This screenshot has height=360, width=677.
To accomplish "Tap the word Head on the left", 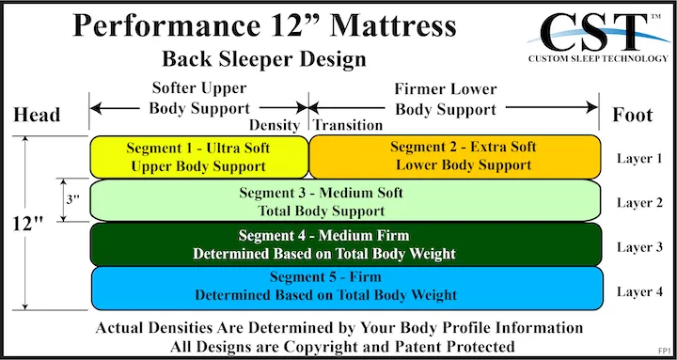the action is coord(38,116).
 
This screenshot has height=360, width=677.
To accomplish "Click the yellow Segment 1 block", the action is coord(198,157).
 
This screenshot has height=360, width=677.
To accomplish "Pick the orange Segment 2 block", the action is coord(454,157).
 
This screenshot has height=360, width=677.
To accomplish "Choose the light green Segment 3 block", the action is coord(345,201).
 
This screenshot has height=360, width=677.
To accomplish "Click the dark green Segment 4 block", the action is coord(345,244).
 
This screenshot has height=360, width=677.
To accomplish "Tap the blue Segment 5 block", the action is coord(345,287).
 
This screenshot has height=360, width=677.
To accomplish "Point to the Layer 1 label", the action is coord(639,158).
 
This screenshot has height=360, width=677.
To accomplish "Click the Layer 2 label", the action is coord(639,202).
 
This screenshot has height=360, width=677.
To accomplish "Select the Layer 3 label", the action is coord(639,246).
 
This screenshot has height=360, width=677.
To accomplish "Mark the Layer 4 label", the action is coord(639,290).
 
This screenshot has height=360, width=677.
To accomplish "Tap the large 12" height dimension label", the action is coord(29,225).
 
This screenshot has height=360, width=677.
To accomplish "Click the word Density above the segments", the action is coord(275,125).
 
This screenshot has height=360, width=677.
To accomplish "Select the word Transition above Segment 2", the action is coord(348,125).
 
